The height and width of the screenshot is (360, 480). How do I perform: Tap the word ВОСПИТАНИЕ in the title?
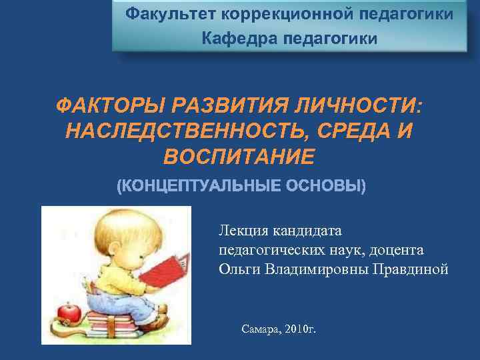[x=238, y=157]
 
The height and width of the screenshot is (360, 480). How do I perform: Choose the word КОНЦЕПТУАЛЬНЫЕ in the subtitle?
[x=198, y=185]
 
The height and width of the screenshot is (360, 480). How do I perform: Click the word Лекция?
[x=241, y=231]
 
